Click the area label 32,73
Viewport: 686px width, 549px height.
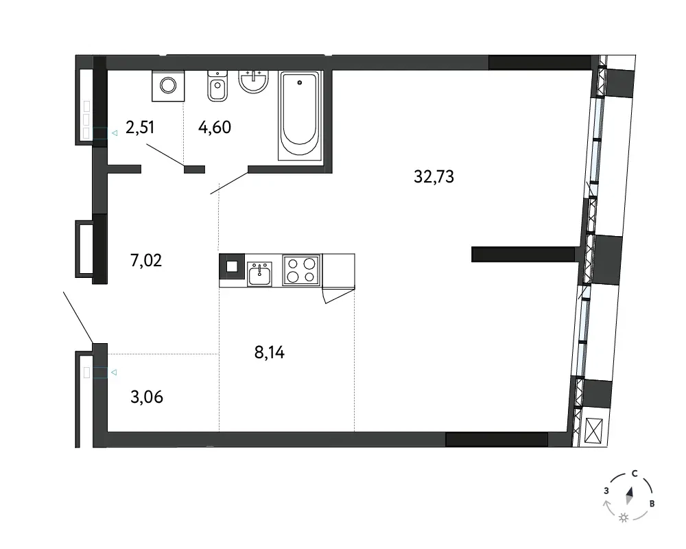434,177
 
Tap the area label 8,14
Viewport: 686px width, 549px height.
270,352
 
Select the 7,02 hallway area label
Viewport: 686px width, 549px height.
146,261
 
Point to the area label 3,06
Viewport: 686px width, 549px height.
147,397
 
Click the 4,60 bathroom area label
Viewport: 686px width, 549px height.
214,128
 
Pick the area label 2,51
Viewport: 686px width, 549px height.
140,128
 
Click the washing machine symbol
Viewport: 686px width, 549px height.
168,85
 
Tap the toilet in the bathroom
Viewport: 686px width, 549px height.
217,86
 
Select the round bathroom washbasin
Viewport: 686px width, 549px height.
253,82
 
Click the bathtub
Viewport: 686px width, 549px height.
300,115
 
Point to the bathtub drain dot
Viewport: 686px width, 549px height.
300,82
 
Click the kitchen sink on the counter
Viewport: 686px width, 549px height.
259,274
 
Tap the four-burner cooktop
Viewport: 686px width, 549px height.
301,270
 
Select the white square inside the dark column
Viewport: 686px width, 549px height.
232,267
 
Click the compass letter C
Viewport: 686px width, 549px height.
635,474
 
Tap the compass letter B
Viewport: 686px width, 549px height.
652,504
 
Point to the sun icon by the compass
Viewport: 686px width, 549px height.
624,518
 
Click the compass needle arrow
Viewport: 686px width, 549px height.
630,495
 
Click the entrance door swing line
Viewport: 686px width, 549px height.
78,318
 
